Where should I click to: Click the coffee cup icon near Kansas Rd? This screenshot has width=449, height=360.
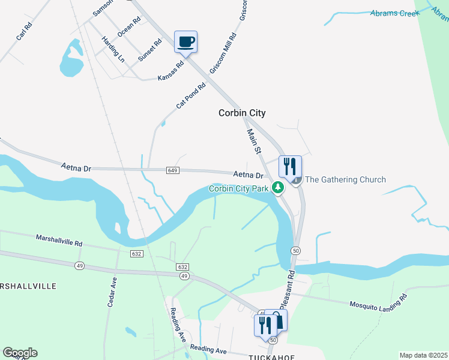[186, 42]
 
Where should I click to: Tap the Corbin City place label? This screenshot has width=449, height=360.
[242, 113]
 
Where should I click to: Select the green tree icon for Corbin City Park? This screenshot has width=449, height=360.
[278, 188]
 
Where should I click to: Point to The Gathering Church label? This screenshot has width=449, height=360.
[345, 179]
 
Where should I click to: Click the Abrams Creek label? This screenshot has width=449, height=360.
[394, 13]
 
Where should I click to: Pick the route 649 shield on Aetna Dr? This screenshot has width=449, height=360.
[173, 170]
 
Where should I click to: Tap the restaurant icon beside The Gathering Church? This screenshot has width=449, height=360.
[290, 166]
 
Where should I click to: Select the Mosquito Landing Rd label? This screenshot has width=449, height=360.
[379, 302]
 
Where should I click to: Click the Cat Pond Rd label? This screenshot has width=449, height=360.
[191, 95]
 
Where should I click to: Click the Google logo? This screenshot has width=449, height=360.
[20, 353]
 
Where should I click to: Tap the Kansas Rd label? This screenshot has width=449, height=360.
[170, 71]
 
